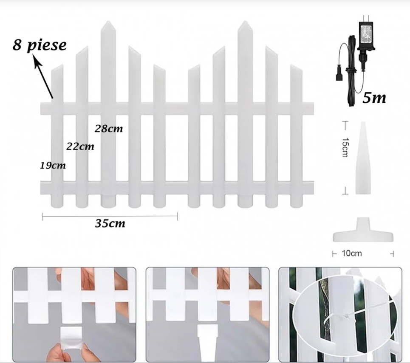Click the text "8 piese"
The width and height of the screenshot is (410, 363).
point(40,45)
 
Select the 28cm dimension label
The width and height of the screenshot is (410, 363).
point(108,129)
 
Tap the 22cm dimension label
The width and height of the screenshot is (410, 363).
point(80,146)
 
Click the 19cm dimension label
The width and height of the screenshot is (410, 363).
point(53,166)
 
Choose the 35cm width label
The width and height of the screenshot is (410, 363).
point(110,223)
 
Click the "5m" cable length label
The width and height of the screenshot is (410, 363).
point(374,98)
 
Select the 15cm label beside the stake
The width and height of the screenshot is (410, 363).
point(345,147)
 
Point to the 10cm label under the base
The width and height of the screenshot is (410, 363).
point(352,253)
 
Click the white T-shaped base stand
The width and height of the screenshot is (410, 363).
point(363,231)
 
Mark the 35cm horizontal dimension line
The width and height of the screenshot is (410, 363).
point(110,216)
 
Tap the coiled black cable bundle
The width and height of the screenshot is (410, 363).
point(351,70)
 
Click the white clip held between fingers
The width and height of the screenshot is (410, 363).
point(71,337)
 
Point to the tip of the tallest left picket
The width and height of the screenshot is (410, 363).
point(108,21)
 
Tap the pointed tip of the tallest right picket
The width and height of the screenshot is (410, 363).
point(245,21)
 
